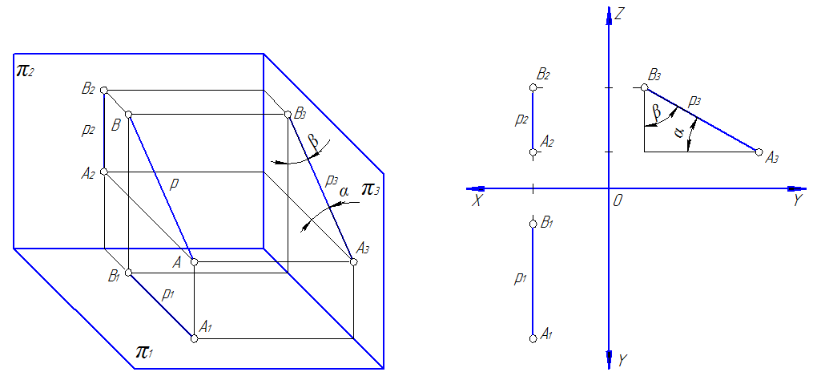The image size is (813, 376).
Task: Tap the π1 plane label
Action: (x=145, y=351)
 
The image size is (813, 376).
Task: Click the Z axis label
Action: (x=619, y=14)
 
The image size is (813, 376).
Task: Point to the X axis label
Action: (x=477, y=201)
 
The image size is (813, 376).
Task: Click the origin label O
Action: (x=617, y=201)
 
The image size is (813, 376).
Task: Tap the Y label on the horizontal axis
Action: (x=797, y=201)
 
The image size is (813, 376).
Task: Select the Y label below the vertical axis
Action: (x=622, y=360)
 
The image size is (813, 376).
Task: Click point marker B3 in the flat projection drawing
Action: (x=644, y=87)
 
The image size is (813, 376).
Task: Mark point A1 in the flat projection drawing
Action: (x=533, y=338)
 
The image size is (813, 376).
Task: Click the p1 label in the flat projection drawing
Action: (x=520, y=279)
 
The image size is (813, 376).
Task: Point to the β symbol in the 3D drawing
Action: (x=313, y=143)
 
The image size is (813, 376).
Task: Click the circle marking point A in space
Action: (x=194, y=261)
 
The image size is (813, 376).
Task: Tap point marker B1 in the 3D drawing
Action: (x=128, y=273)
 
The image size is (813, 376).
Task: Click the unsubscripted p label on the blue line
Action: (x=173, y=184)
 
